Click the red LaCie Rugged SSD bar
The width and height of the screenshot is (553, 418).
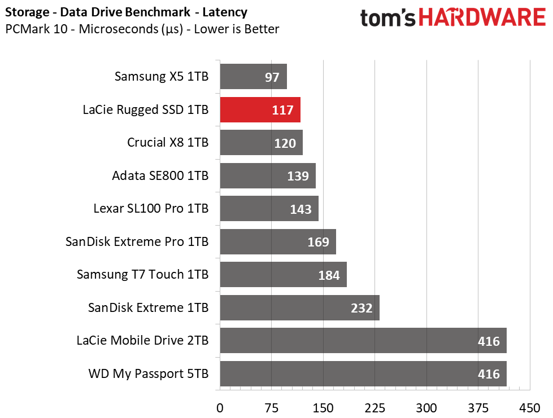[260, 110]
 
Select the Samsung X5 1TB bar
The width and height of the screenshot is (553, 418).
[254, 77]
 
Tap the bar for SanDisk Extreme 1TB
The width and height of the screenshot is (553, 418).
[300, 308]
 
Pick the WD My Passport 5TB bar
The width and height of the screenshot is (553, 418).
[363, 373]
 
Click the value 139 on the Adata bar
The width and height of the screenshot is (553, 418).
[298, 176]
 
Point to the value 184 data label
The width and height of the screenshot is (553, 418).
[329, 275]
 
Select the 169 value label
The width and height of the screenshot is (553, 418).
[318, 242]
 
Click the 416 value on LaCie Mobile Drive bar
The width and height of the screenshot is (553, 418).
[489, 341]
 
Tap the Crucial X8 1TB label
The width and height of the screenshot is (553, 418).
[168, 142]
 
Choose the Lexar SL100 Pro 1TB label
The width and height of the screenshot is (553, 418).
[151, 209]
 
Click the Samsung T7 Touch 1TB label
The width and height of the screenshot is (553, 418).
[143, 274]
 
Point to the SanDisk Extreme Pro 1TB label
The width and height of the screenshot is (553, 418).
[137, 241]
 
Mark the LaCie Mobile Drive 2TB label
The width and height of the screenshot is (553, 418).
[142, 341]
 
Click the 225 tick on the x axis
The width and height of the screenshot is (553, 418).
[375, 408]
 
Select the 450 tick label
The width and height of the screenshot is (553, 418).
[530, 408]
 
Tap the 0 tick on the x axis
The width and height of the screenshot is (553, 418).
[220, 408]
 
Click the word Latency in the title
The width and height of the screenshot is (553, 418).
[225, 12]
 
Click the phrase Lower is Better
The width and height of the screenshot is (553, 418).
[237, 29]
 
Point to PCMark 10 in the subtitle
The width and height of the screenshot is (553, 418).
[36, 29]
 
